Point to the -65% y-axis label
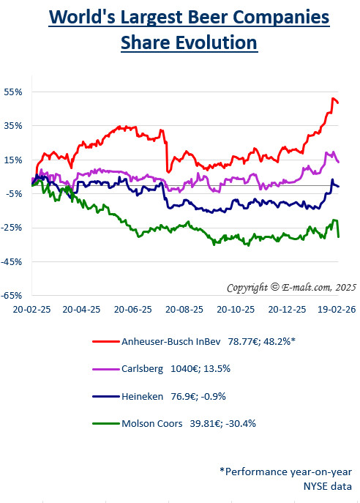[x=12, y=295]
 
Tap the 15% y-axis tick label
[x=14, y=160]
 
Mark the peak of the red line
[x=334, y=98]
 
